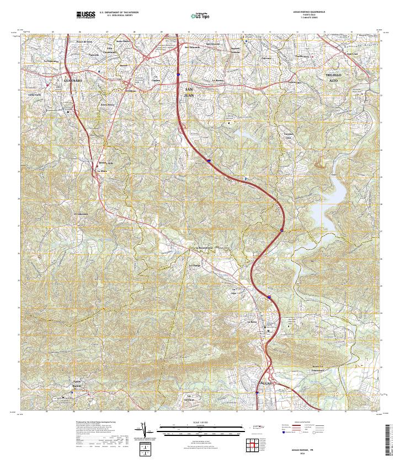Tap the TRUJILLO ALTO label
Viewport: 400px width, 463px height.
coord(334,77)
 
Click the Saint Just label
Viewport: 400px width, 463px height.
coord(352,54)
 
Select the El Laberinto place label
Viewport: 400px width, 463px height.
coord(81,214)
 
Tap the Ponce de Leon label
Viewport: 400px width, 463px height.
coord(84,42)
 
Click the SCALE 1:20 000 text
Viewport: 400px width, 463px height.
coord(200,423)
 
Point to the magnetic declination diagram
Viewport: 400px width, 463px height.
coord(146,430)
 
